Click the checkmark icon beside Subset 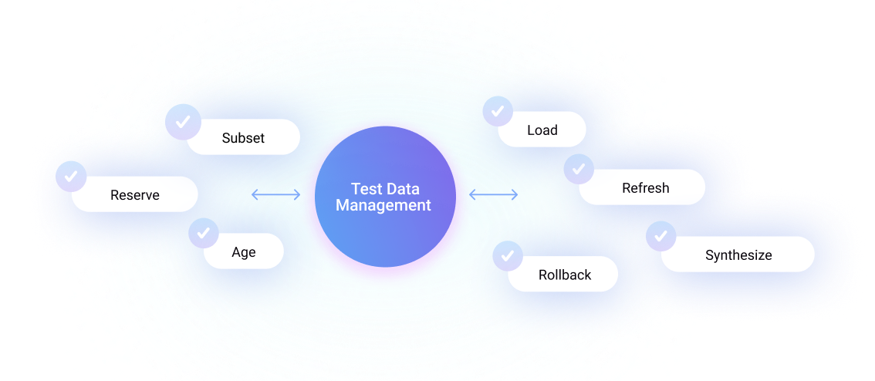[183, 122]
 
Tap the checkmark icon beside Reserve [71, 177]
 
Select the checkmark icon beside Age [204, 233]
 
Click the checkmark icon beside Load [498, 111]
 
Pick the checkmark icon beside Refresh [579, 169]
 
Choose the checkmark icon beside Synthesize [660, 237]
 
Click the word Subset [243, 138]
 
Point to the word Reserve [135, 195]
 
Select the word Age [244, 252]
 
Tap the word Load [542, 130]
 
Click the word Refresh [645, 188]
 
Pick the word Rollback [565, 275]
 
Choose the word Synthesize [738, 255]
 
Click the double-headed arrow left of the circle [275, 195]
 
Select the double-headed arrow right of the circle [494, 195]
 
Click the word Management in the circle [383, 206]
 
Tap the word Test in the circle [366, 189]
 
